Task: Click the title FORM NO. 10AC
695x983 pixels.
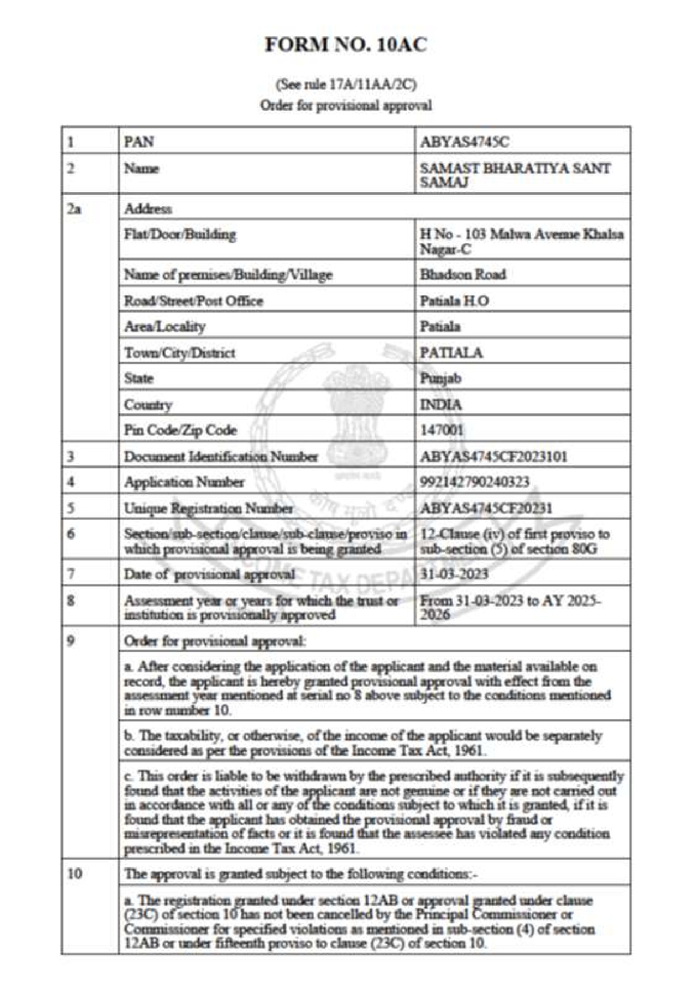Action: pyautogui.click(x=346, y=45)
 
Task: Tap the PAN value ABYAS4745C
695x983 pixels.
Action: pyautogui.click(x=464, y=142)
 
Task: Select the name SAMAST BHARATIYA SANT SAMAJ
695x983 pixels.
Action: pyautogui.click(x=515, y=175)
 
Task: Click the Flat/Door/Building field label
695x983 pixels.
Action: pyautogui.click(x=180, y=234)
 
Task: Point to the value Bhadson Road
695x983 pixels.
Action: pyautogui.click(x=462, y=274)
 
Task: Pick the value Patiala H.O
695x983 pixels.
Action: pyautogui.click(x=454, y=301)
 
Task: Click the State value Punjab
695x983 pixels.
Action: pyautogui.click(x=440, y=379)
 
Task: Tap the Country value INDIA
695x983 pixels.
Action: pyautogui.click(x=441, y=404)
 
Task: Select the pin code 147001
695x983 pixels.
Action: pyautogui.click(x=442, y=430)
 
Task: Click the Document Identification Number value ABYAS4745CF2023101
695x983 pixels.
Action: pyautogui.click(x=493, y=456)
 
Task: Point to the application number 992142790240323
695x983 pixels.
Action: pyautogui.click(x=475, y=482)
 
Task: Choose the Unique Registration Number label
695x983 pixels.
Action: pyautogui.click(x=208, y=509)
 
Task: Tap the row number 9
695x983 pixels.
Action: pyautogui.click(x=71, y=641)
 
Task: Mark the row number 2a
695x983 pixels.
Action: pyautogui.click(x=73, y=209)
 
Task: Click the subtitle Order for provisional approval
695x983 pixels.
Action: pyautogui.click(x=346, y=105)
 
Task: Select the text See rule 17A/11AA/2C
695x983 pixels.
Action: pyautogui.click(x=346, y=85)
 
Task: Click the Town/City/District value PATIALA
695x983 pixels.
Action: pyautogui.click(x=451, y=353)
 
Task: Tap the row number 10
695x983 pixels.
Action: pyautogui.click(x=75, y=874)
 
